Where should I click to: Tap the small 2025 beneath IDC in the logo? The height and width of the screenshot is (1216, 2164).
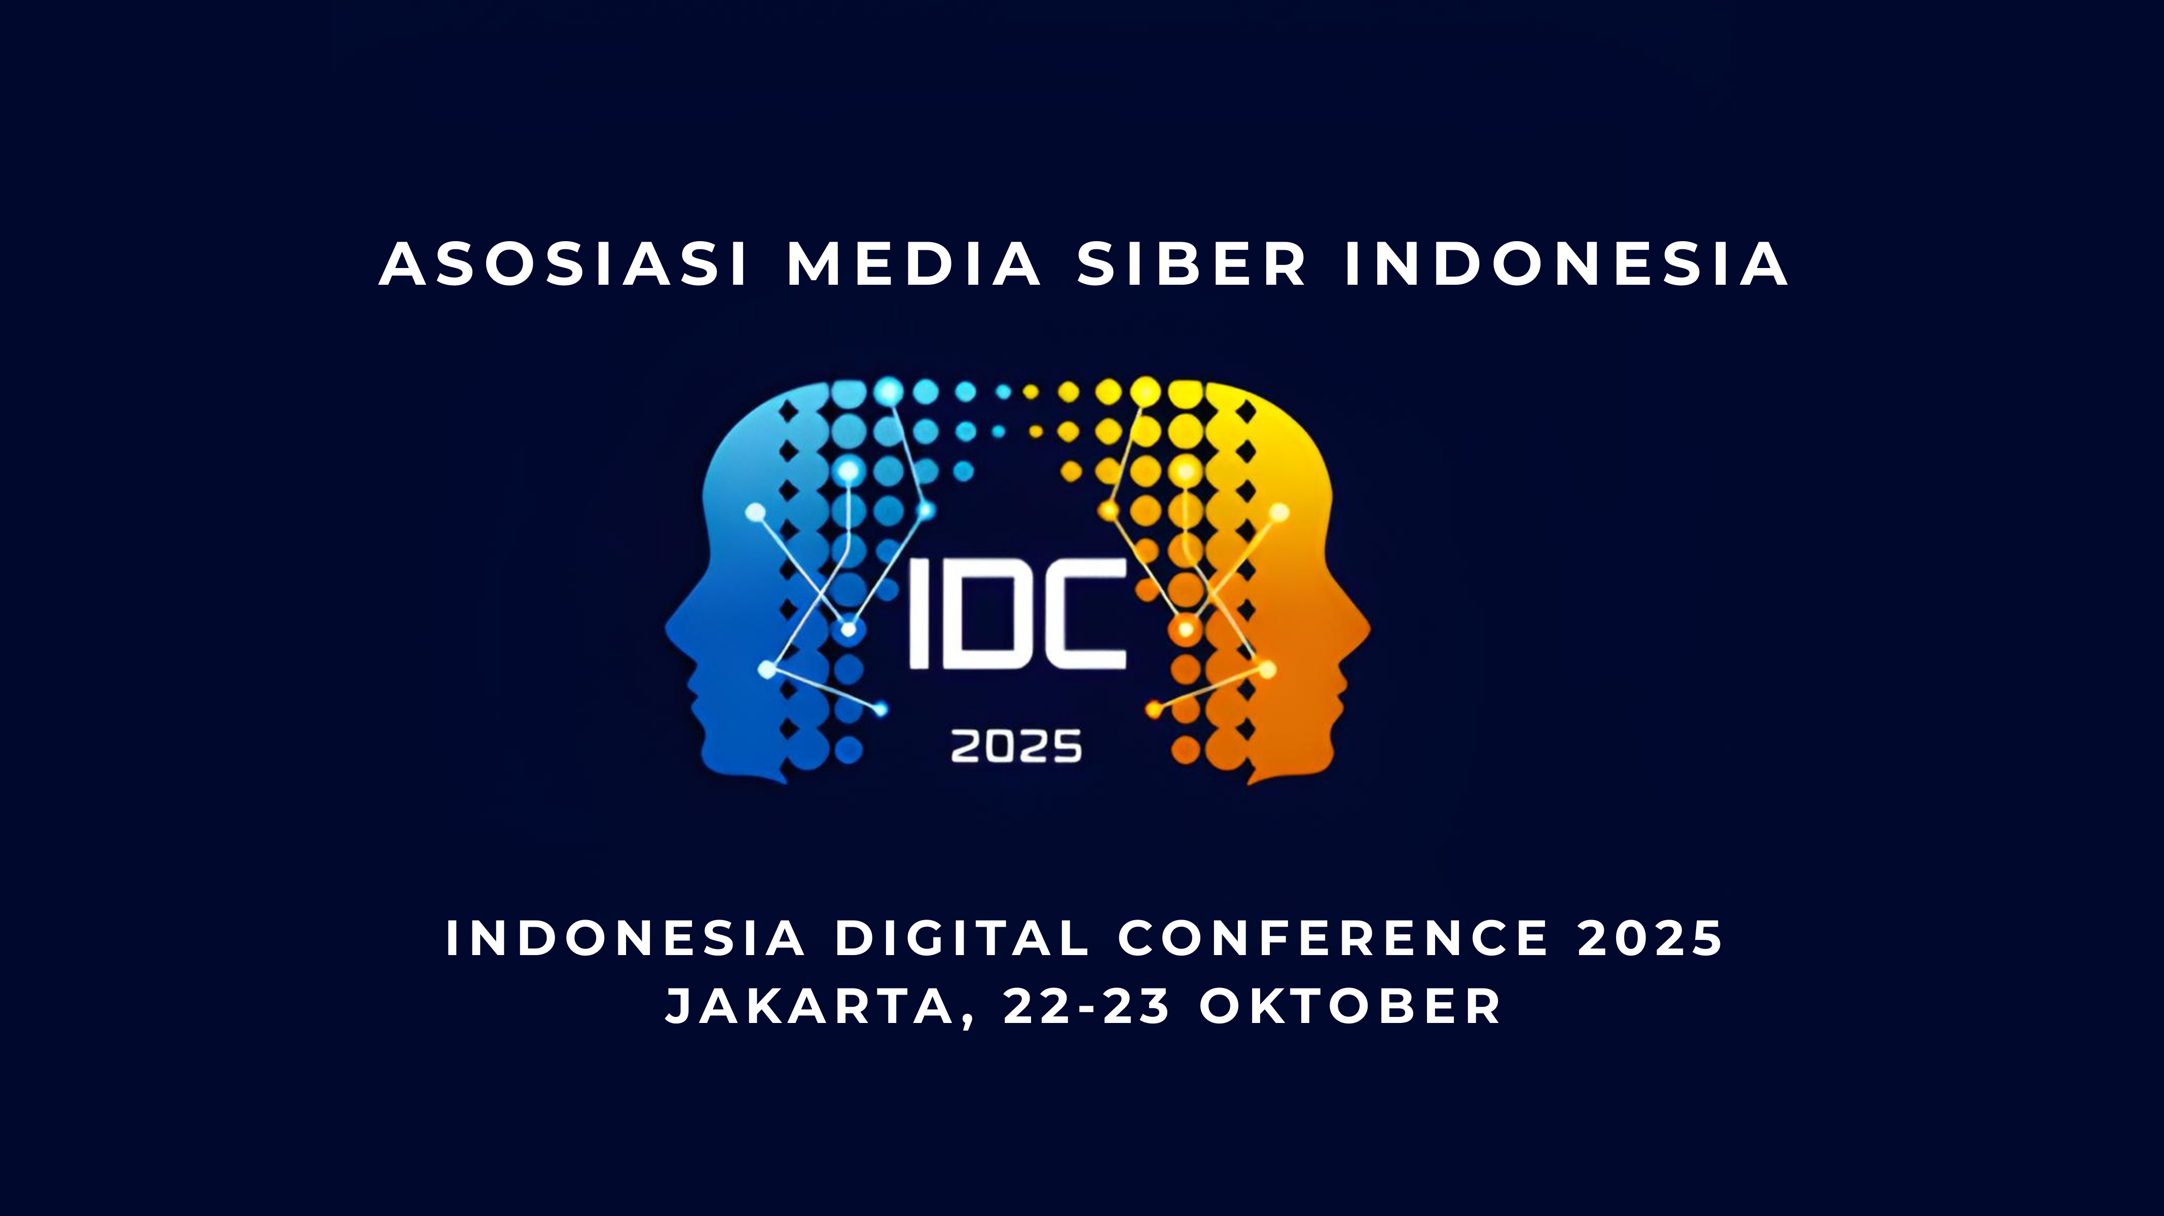click(x=1016, y=746)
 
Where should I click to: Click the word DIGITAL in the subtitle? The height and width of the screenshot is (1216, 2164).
click(x=962, y=937)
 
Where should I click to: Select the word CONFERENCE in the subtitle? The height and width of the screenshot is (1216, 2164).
click(x=1333, y=937)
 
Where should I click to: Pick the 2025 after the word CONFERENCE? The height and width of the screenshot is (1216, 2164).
click(x=1650, y=937)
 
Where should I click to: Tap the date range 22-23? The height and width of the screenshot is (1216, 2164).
click(x=1087, y=1006)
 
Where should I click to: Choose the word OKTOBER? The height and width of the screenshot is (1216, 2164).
click(x=1350, y=1006)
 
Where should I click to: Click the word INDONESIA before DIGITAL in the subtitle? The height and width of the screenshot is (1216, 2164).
click(x=624, y=937)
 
